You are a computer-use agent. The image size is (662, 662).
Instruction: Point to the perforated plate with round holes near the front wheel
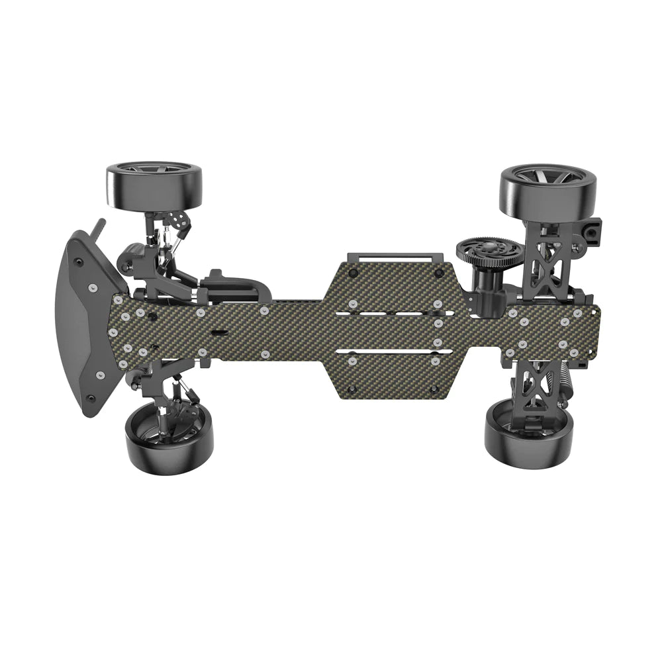pos(178,218)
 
